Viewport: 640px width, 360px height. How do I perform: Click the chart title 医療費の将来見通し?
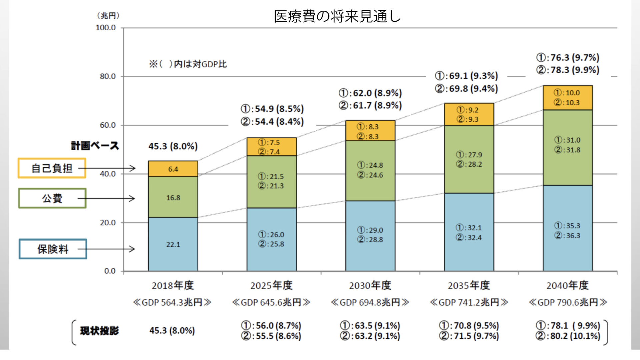pyautogui.click(x=337, y=16)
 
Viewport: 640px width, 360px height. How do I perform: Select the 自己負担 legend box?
pyautogui.click(x=52, y=168)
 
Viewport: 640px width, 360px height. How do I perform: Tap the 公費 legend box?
pyautogui.click(x=52, y=198)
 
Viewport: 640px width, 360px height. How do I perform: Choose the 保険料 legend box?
pyautogui.click(x=53, y=249)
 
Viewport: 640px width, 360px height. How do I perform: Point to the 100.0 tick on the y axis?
pyautogui.click(x=106, y=28)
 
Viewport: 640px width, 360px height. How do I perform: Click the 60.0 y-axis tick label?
pyautogui.click(x=108, y=125)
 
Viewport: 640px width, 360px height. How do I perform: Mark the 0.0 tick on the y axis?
pyautogui.click(x=110, y=271)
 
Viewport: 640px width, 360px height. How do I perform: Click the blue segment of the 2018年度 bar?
pyautogui.click(x=173, y=244)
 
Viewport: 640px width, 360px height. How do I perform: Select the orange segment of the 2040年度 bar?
pyautogui.click(x=567, y=98)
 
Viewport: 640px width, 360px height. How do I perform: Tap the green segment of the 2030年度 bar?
pyautogui.click(x=370, y=170)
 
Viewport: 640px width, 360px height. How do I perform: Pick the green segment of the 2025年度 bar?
pyautogui.click(x=271, y=182)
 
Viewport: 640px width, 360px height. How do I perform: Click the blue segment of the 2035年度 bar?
pyautogui.click(x=469, y=232)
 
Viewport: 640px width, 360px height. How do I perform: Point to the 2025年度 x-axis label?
pyautogui.click(x=271, y=286)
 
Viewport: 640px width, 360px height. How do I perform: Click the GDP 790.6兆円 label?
pyautogui.click(x=568, y=302)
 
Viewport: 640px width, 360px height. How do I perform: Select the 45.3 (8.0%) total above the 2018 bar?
pyautogui.click(x=173, y=146)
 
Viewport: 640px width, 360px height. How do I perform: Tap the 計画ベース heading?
pyautogui.click(x=95, y=146)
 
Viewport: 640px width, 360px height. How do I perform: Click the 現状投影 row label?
pyautogui.click(x=99, y=331)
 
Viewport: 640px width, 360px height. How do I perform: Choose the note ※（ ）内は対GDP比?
pyautogui.click(x=188, y=64)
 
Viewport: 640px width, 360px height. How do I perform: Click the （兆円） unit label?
pyautogui.click(x=108, y=16)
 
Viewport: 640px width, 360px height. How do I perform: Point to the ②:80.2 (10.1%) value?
pyautogui.click(x=568, y=336)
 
